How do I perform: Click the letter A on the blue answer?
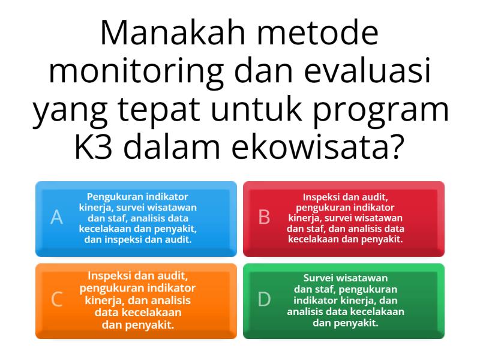point(57,218)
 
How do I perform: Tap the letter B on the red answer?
point(264,218)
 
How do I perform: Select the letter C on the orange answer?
point(57,299)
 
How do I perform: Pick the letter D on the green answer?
point(265,299)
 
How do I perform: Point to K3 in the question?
point(96,148)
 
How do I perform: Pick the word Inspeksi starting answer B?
point(323,196)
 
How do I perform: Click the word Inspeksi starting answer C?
point(111,277)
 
